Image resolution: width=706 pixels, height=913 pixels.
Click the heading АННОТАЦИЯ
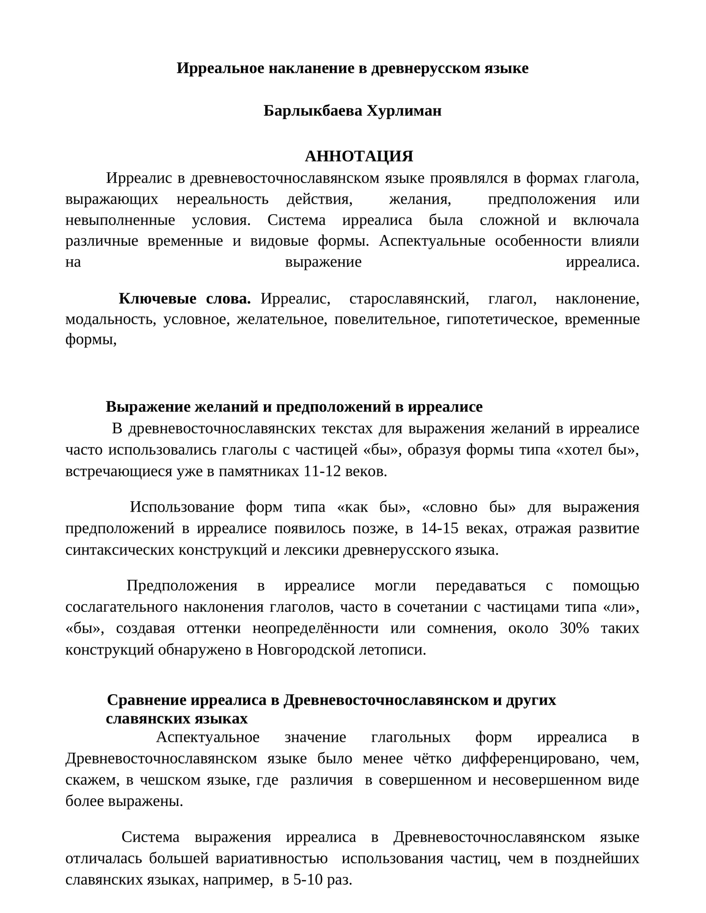pyautogui.click(x=359, y=156)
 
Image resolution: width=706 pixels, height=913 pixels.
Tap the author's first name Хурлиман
pyautogui.click(x=404, y=111)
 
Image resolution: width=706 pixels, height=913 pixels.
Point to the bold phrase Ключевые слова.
pyautogui.click(x=184, y=299)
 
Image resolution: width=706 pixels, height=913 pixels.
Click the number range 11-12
pyautogui.click(x=322, y=471)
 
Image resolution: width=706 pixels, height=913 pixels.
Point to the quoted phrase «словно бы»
pyautogui.click(x=469, y=507)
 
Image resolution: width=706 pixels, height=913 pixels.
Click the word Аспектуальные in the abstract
pyautogui.click(x=432, y=241)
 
